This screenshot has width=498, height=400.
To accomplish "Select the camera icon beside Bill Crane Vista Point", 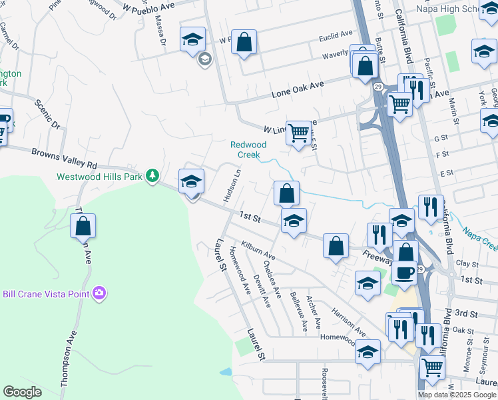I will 100,292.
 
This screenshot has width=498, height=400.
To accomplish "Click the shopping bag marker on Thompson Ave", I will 83,227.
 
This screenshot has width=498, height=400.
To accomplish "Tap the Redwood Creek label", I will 248,149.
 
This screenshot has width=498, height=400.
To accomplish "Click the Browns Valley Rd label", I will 64,157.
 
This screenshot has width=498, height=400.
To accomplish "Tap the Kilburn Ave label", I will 258,251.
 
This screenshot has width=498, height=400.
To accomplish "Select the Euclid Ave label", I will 336,34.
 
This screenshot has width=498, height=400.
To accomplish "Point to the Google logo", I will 22,392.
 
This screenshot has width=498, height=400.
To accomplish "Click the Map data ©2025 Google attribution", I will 456,395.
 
